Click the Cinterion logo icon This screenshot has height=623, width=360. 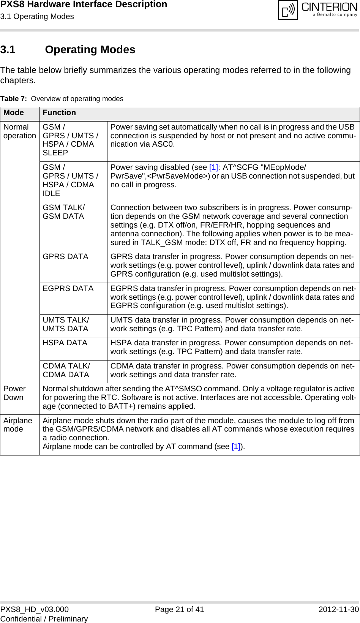pyautogui.click(x=288, y=10)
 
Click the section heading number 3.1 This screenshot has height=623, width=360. pyautogui.click(x=8, y=50)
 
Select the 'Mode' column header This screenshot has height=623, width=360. pyautogui.click(x=14, y=113)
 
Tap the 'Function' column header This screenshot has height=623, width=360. pyautogui.click(x=59, y=113)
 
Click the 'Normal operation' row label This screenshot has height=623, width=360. pyautogui.click(x=20, y=131)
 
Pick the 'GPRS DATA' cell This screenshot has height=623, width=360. pyautogui.click(x=65, y=257)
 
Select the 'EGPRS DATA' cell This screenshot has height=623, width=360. pyautogui.click(x=68, y=289)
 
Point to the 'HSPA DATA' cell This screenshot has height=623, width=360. pyautogui.click(x=65, y=343)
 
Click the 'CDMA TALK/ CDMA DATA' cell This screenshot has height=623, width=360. pyautogui.click(x=66, y=370)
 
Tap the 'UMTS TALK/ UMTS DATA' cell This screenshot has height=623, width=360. pyautogui.click(x=66, y=324)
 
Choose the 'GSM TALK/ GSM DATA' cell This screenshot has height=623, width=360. pyautogui.click(x=64, y=212)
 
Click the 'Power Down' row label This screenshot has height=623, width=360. pyautogui.click(x=14, y=393)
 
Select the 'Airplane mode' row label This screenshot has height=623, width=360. pyautogui.click(x=18, y=425)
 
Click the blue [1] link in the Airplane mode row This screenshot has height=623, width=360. pyautogui.click(x=236, y=447)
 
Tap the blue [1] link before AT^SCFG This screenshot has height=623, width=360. pyautogui.click(x=214, y=168)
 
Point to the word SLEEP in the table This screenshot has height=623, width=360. pyautogui.click(x=55, y=153)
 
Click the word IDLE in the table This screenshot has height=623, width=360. pyautogui.click(x=51, y=193)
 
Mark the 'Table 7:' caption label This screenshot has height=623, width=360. pyautogui.click(x=13, y=99)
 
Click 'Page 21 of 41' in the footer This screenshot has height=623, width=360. pyautogui.click(x=179, y=609)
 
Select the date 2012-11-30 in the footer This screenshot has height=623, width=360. pyautogui.click(x=338, y=609)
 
